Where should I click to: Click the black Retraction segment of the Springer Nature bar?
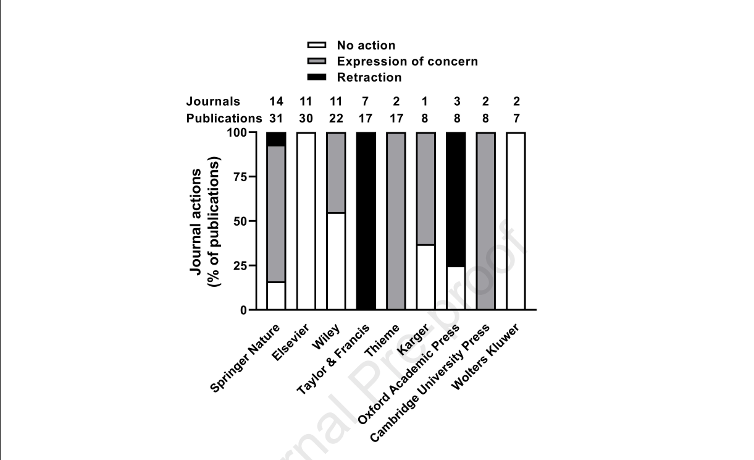276,138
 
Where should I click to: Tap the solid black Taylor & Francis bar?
366,221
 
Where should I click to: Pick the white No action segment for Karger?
426,277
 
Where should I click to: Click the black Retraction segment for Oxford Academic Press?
456,199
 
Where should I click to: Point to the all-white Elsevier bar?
306,221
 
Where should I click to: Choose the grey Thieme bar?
396,221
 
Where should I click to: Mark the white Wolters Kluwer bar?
516,221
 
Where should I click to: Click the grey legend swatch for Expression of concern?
317,61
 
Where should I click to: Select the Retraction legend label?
369,77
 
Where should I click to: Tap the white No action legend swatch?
317,45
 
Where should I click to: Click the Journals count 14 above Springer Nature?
276,101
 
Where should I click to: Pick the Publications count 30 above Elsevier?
306,117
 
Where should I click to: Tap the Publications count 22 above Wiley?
336,117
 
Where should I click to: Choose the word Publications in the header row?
224,117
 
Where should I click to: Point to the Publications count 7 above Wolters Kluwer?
516,117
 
